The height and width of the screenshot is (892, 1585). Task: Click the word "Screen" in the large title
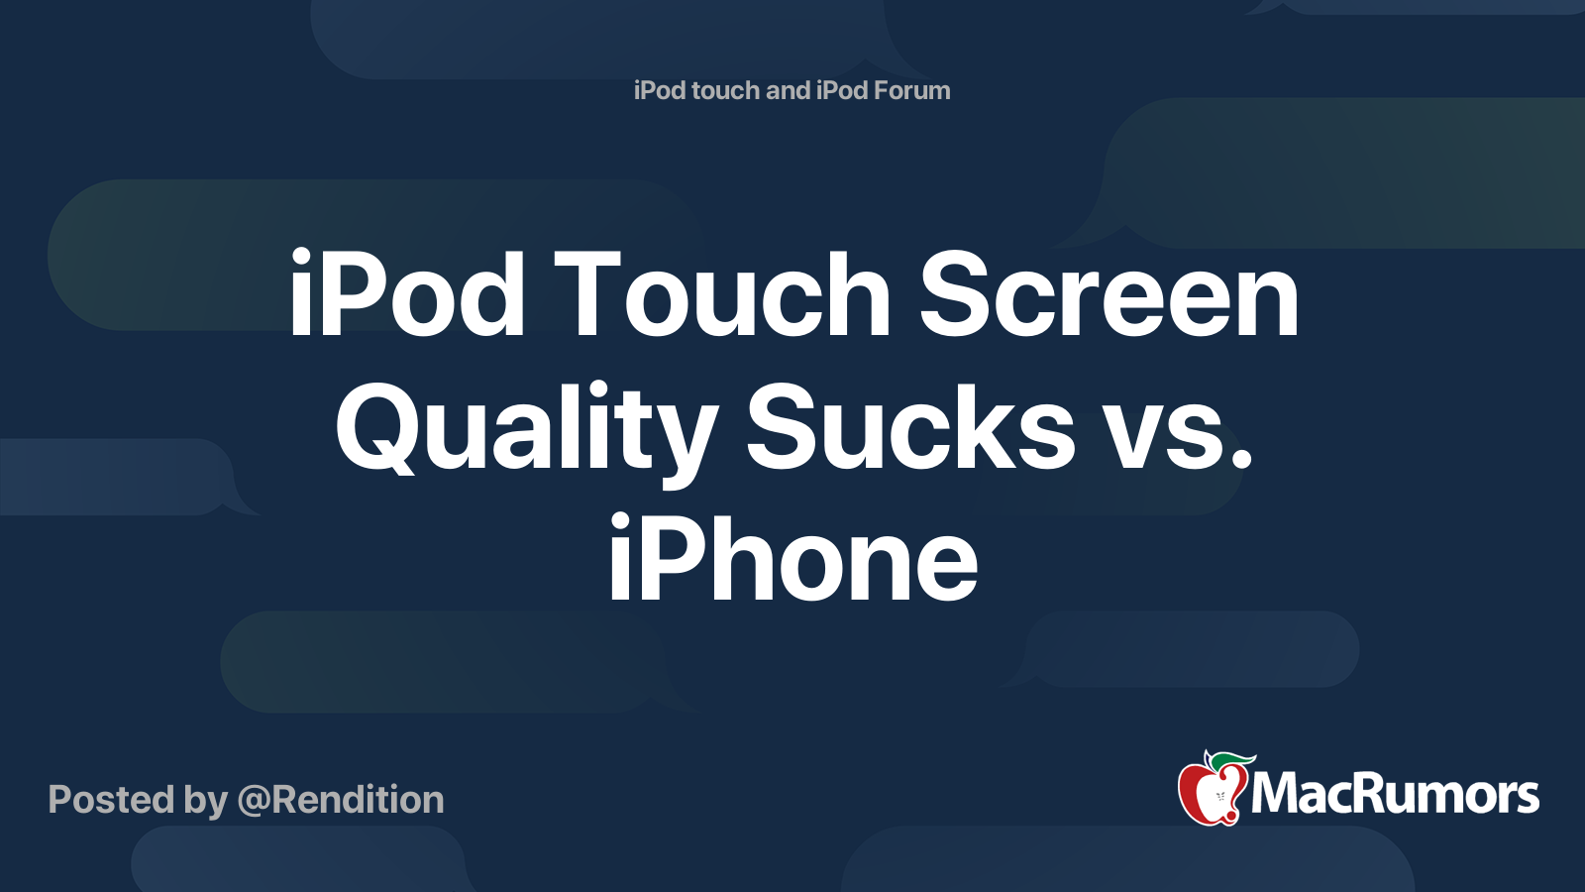[x=1109, y=295]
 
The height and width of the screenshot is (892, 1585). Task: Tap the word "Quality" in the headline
[x=525, y=428]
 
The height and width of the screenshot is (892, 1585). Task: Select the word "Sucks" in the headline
[x=910, y=428]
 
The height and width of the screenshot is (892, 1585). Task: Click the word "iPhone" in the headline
[x=792, y=561]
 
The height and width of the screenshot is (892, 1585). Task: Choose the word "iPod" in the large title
[x=406, y=295]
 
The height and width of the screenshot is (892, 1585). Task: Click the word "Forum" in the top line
[x=910, y=90]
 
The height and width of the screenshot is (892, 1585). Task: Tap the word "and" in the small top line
[x=788, y=90]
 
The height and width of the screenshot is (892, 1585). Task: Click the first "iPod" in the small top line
[x=660, y=90]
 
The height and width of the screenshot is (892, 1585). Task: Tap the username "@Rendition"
[x=341, y=800]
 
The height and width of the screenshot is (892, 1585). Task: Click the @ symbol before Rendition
[x=253, y=801]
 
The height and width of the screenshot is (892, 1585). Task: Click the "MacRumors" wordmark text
[x=1395, y=795]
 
